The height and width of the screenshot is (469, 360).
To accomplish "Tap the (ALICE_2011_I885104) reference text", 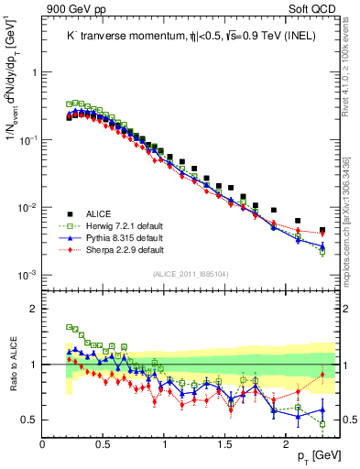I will [x=191, y=273].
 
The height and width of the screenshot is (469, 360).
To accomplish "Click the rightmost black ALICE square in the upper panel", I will [x=322, y=231].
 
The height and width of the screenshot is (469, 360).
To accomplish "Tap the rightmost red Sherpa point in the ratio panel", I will [x=322, y=375].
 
